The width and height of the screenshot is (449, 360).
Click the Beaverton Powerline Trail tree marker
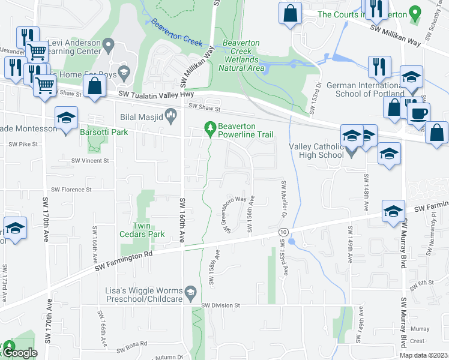pyautogui.click(x=210, y=128)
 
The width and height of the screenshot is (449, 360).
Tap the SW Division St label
pyautogui.click(x=220, y=305)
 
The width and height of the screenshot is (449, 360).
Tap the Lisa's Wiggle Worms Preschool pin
pyautogui.click(x=190, y=292)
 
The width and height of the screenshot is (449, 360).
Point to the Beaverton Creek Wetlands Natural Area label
pyautogui.click(x=241, y=56)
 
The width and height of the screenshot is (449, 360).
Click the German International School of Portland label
pyautogui.click(x=365, y=90)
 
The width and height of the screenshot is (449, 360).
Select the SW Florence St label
pyautogui.click(x=71, y=189)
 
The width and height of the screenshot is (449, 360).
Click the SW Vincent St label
pyautogui.click(x=90, y=161)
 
